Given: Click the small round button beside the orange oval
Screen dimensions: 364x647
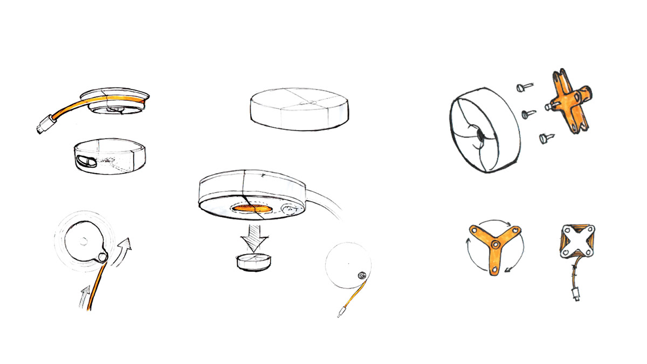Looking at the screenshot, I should pyautogui.click(x=290, y=207).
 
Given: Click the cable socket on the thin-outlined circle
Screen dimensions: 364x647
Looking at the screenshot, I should pyautogui.click(x=362, y=276).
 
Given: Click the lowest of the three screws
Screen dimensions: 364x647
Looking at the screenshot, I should pyautogui.click(x=545, y=139).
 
